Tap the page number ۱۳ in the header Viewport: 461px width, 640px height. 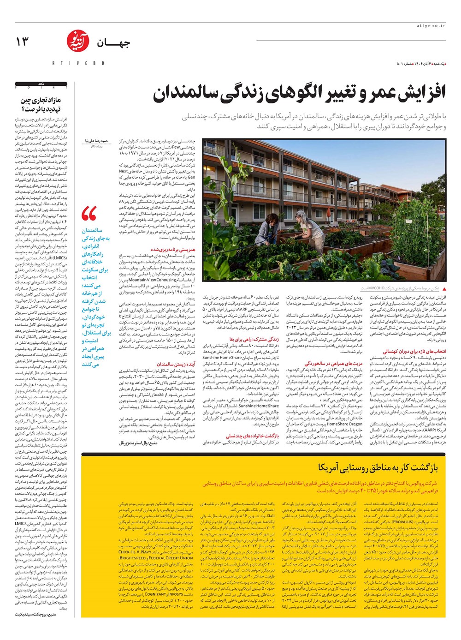tap(22, 42)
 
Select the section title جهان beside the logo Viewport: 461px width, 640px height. tap(113, 43)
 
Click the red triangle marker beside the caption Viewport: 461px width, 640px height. tap(444, 288)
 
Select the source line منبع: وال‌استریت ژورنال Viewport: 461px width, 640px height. tap(138, 443)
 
